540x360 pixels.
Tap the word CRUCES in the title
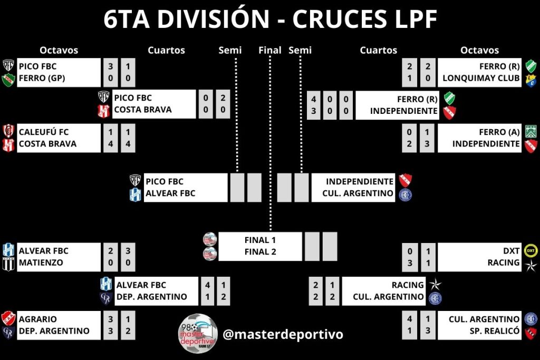pos(337,20)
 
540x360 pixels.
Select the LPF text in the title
pos(413,20)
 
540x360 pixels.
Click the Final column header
pos(270,50)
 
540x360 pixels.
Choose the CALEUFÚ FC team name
pos(44,132)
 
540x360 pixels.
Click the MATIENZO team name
pos(41,262)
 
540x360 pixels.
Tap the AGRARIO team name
pos(38,319)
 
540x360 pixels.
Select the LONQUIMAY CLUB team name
pos(481,79)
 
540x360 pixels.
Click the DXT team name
pos(512,250)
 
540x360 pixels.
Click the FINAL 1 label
pos(260,240)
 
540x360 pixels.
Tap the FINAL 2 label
pos(260,252)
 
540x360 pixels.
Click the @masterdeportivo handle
pos(283,334)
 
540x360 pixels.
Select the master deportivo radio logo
pos(198,333)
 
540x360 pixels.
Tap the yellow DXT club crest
pos(531,250)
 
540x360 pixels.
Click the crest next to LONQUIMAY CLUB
pos(531,80)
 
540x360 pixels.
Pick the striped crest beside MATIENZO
pos(8,264)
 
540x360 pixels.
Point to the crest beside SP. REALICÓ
pos(531,332)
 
